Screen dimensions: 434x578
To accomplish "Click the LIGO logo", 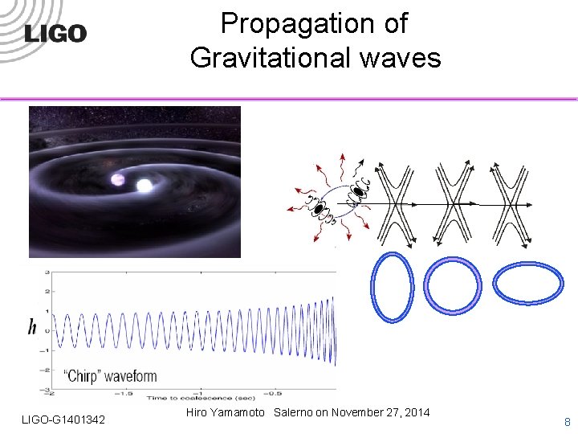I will pyautogui.click(x=55, y=33).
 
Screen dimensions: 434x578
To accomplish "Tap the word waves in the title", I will pyautogui.click(x=407, y=58).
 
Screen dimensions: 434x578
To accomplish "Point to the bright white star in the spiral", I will pyautogui.click(x=144, y=186).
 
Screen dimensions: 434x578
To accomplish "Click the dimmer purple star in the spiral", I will pyautogui.click(x=118, y=178).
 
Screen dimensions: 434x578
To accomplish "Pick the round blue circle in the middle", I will pyautogui.click(x=452, y=283).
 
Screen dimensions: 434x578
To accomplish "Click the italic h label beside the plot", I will pyautogui.click(x=32, y=326).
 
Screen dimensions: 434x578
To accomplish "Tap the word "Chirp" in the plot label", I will pyautogui.click(x=83, y=376).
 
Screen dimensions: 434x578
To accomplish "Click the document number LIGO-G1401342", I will pyautogui.click(x=63, y=420).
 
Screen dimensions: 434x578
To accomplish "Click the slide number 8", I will pyautogui.click(x=567, y=421).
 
